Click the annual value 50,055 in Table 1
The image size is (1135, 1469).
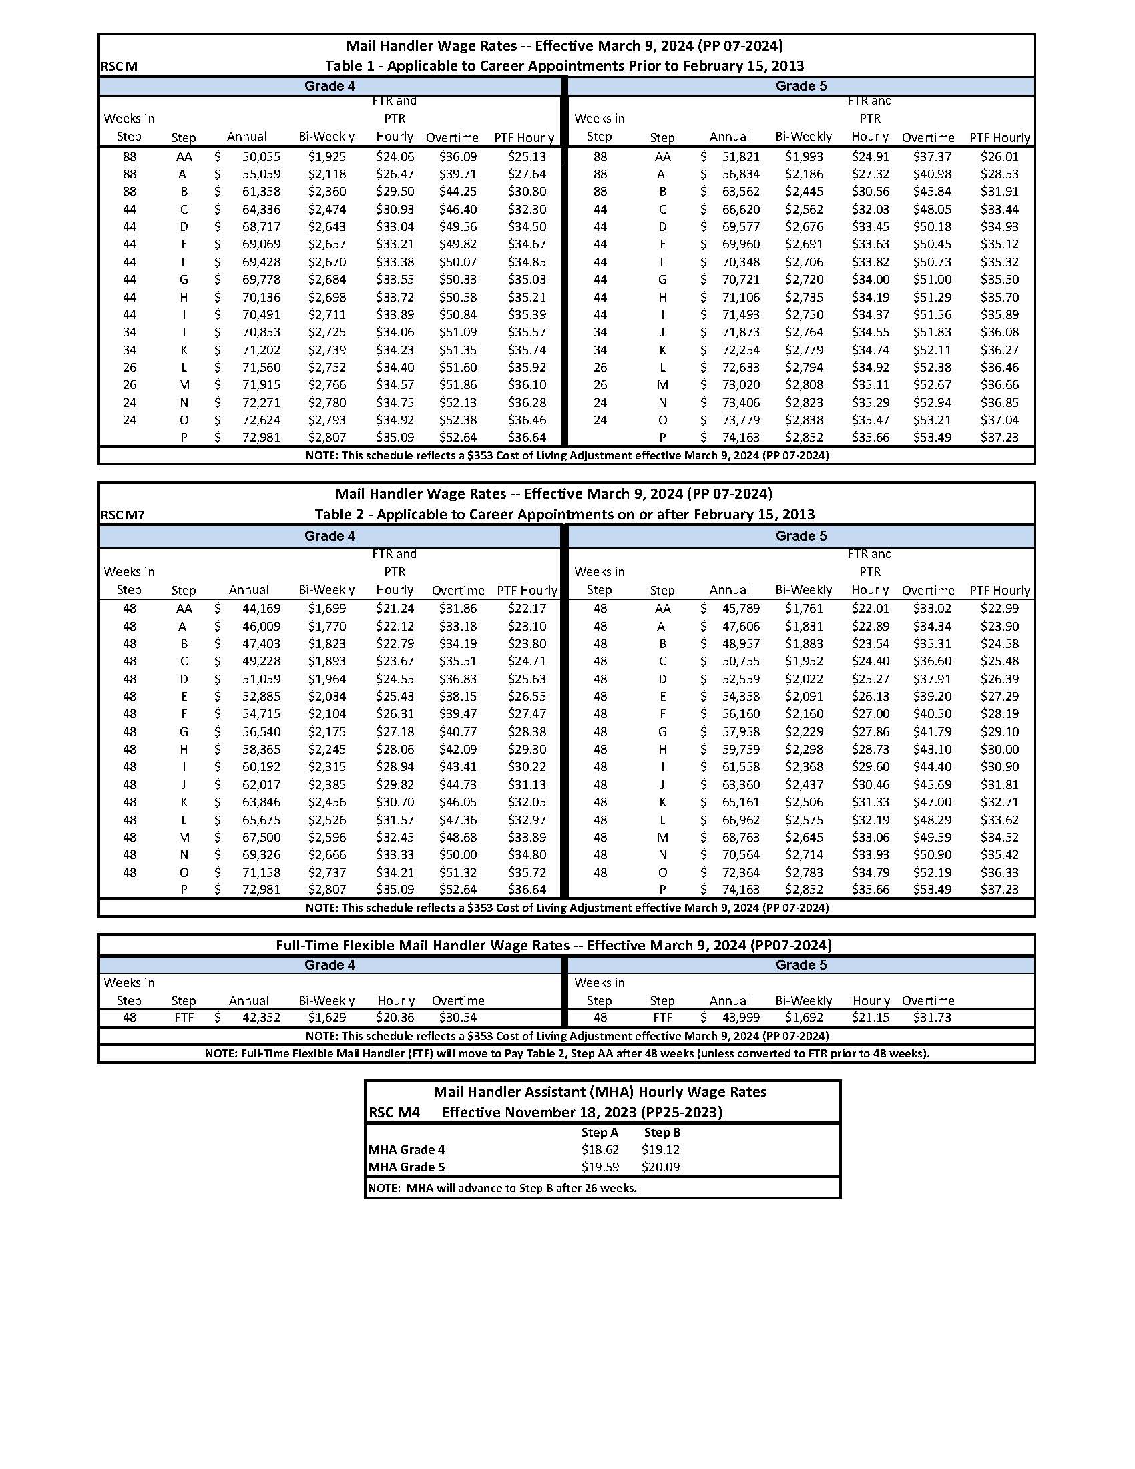[260, 157]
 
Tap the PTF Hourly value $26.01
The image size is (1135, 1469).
[999, 157]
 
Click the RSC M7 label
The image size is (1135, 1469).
[122, 516]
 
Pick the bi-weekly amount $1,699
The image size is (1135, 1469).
[327, 609]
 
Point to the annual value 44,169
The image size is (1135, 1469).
[260, 609]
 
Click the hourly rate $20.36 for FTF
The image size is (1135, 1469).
[395, 1018]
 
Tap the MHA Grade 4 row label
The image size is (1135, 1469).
[407, 1149]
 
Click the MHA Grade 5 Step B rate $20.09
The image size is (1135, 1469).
[660, 1167]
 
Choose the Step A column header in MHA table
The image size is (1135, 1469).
[600, 1132]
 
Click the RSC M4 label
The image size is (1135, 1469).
[395, 1113]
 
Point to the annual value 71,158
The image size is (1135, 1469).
[260, 872]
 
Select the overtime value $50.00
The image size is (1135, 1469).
[457, 855]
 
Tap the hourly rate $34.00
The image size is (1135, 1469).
[870, 280]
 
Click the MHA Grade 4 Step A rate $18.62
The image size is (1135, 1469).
[600, 1149]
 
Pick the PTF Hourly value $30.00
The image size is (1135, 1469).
[999, 750]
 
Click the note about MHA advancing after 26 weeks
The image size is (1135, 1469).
[501, 1188]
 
